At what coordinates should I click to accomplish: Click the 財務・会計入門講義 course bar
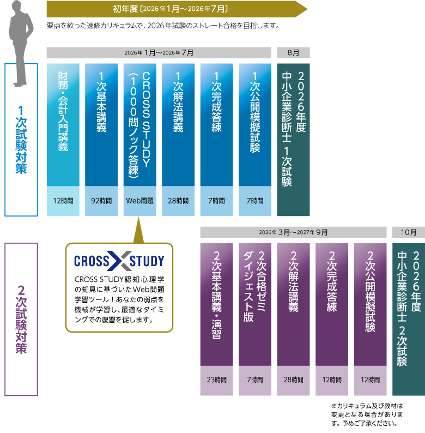tap(63, 124)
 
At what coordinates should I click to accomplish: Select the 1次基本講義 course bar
tap(101, 124)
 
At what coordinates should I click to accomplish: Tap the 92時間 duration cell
tap(101, 201)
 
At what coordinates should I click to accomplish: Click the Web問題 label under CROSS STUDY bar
tap(139, 201)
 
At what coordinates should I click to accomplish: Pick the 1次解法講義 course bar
tap(178, 124)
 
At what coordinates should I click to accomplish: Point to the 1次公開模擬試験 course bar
tap(255, 124)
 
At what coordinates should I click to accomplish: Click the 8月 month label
tap(293, 52)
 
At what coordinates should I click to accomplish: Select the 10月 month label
tap(408, 232)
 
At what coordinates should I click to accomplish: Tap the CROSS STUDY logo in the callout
tap(119, 261)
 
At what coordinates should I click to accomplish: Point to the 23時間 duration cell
tap(216, 380)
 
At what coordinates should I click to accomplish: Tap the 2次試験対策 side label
tap(21, 319)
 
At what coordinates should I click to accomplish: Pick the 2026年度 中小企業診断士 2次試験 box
tap(408, 319)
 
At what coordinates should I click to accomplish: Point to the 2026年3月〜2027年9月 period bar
tap(293, 232)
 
